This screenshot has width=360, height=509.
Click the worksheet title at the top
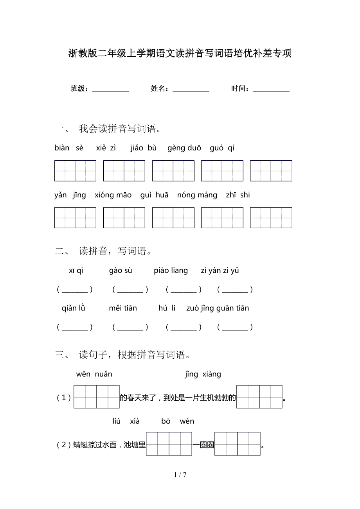(180, 54)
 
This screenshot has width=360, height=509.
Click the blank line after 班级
(110, 90)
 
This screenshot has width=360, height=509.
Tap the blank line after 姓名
(191, 90)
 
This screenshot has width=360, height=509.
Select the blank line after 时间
(271, 90)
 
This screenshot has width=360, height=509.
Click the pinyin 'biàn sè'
(69, 148)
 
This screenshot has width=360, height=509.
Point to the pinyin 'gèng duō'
(184, 148)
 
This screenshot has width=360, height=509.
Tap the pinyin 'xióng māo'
(113, 195)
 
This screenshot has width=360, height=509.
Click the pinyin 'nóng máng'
(197, 195)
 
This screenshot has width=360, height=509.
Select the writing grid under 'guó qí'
(271, 171)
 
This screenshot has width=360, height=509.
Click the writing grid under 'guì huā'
(173, 218)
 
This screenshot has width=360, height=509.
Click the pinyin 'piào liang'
(171, 271)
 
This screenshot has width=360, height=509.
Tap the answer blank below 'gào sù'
(130, 290)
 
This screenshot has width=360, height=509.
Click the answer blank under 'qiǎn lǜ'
(75, 328)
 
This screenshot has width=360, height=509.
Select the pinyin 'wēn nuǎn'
(94, 374)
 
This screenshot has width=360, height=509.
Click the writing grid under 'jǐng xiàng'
(259, 397)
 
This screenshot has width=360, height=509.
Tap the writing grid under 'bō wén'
(238, 444)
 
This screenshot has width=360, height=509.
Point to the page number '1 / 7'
(180, 475)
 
